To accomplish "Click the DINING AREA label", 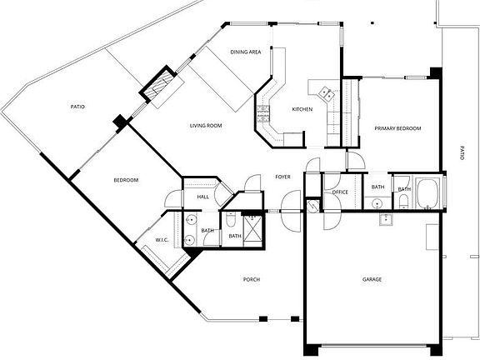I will (x=246, y=52).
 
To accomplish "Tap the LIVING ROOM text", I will (x=206, y=126).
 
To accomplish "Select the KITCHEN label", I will (x=302, y=110).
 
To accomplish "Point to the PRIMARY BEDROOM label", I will (x=397, y=128).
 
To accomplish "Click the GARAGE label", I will (x=372, y=279).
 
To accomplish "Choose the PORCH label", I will (x=252, y=279).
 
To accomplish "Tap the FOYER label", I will (x=282, y=177).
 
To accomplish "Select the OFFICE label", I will (x=339, y=192).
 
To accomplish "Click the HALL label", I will (x=202, y=197).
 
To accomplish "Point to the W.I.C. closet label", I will (x=162, y=240).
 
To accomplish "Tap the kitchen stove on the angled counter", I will (x=265, y=108).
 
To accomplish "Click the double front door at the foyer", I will (x=292, y=210).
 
